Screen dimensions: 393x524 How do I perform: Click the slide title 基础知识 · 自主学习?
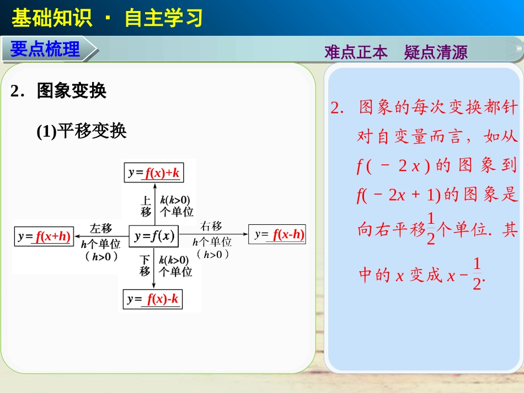pos(107,18)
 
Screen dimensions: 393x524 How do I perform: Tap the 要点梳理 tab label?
pos(45,50)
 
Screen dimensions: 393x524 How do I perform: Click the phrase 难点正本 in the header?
pos(356,52)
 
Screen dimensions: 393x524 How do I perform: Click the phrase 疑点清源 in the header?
pos(436,52)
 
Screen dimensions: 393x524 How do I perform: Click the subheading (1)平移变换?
pos(82,131)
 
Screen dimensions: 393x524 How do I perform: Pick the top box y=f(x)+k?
pos(153,173)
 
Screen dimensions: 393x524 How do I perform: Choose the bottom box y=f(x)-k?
pos(152,299)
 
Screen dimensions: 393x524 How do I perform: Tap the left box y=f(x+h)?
pos(44,236)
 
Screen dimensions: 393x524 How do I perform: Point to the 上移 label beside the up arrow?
pos(146,206)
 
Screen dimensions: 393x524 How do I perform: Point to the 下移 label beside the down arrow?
pos(145,265)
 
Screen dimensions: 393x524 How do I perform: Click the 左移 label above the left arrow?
pos(101,228)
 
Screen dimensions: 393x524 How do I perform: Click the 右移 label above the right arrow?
pos(211,225)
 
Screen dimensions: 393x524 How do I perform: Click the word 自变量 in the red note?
pos(405,137)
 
